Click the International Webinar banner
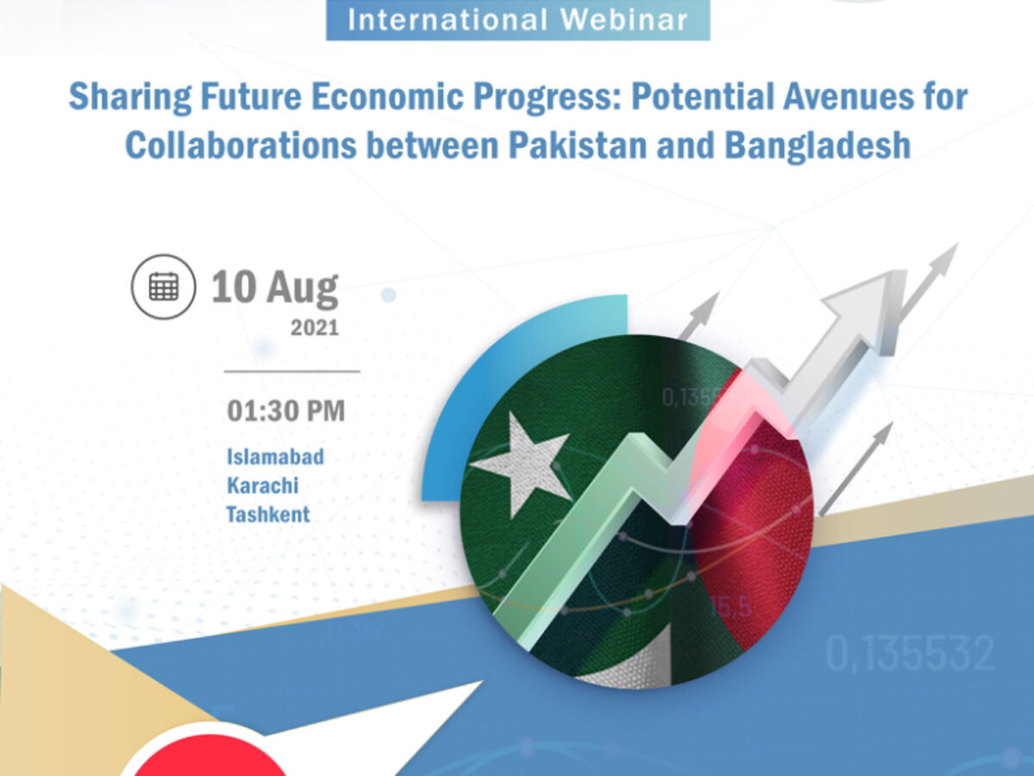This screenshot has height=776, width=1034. tap(518, 20)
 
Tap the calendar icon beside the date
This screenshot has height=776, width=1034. tap(164, 287)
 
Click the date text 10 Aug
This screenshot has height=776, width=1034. tap(275, 287)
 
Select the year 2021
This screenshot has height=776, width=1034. tap(315, 328)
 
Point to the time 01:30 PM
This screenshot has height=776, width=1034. tap(286, 411)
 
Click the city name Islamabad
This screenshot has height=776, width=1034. tap(276, 457)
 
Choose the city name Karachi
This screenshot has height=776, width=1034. tap(263, 485)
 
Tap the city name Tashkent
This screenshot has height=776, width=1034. tap(268, 514)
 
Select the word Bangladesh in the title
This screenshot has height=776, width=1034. tap(818, 145)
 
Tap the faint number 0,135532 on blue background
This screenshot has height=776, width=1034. tap(910, 654)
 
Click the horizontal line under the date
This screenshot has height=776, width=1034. tap(292, 372)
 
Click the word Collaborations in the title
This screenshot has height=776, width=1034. tap(240, 145)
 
